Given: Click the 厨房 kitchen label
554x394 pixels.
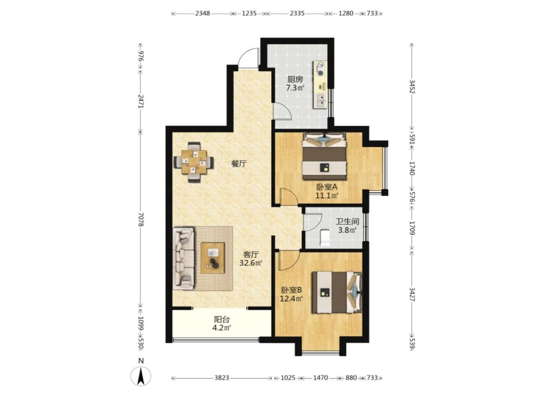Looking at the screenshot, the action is click(294, 79).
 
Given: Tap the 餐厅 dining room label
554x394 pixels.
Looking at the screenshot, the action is click(239, 164).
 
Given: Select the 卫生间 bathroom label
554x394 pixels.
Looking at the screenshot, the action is click(347, 222).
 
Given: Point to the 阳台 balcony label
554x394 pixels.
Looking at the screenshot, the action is click(222, 320).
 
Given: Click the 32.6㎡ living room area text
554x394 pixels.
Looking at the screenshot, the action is click(251, 263).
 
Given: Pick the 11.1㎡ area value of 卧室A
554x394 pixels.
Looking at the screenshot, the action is click(327, 196).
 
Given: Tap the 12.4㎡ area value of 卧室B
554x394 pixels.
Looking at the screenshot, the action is click(291, 299).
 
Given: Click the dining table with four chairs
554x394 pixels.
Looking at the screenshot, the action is click(194, 162).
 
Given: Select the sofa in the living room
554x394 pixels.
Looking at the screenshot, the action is click(184, 259).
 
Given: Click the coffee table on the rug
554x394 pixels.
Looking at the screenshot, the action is click(213, 258).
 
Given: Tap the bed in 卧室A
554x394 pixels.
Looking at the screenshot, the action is click(324, 156).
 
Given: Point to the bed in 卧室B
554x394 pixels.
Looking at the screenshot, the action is click(337, 292).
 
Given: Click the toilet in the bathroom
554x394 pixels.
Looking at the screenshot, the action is click(325, 237).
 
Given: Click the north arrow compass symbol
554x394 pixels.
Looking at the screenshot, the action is click(141, 375).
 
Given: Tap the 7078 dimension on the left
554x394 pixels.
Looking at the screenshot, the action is click(141, 220).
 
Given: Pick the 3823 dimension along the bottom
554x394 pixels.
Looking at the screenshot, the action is click(222, 378).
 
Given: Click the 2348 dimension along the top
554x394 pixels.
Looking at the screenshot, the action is click(202, 13).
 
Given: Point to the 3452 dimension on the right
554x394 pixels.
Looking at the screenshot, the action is click(412, 87).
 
